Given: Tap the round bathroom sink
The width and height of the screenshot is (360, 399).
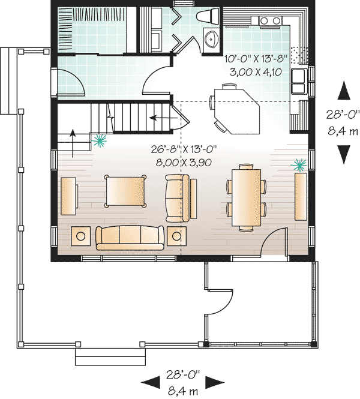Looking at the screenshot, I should [x=211, y=40].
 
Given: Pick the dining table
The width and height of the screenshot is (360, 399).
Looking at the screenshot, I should [x=246, y=196].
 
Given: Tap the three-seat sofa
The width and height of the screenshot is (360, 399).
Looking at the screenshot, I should [x=130, y=238].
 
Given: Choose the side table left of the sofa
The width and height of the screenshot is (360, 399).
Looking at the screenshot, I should [x=81, y=235].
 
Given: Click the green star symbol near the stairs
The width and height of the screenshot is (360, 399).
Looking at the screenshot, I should [x=98, y=141].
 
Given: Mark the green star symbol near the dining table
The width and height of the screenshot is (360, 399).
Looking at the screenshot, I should [x=298, y=164].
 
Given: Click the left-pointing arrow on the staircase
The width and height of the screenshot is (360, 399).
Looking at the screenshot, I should [x=158, y=118].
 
